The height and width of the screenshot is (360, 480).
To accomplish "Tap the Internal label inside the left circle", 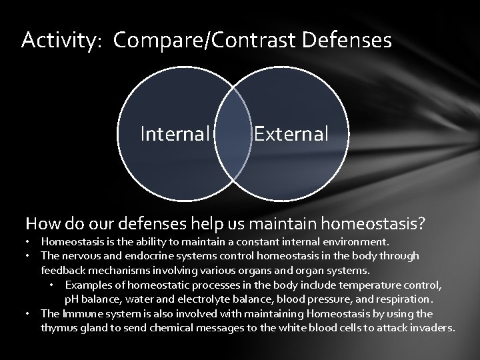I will (175, 134).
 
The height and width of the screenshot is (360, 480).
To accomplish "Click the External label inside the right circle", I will (291, 134).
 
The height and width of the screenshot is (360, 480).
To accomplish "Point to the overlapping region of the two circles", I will (233, 133).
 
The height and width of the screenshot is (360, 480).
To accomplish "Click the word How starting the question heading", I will (40, 222).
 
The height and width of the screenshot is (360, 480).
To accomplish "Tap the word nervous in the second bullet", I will (80, 255).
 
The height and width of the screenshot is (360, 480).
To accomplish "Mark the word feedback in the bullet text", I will (61, 270).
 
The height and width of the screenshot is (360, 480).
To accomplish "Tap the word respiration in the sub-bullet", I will (404, 299).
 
